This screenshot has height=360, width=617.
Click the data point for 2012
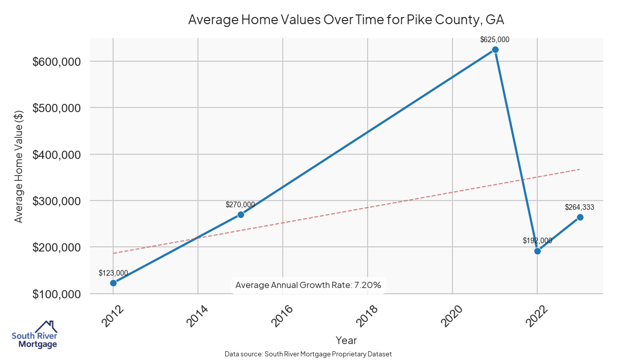coord(113,283)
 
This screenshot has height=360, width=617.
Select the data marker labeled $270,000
coord(241,214)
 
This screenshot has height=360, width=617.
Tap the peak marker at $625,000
coord(495,49)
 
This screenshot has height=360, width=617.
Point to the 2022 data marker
coord(537,251)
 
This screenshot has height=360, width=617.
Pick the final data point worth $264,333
coord(580,217)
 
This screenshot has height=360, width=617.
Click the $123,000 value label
coord(113,273)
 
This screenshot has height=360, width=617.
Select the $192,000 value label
coord(537,240)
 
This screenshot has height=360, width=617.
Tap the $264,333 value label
coord(579,207)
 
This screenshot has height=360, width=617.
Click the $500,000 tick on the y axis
coord(57,108)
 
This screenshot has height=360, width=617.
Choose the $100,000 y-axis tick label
coord(57,294)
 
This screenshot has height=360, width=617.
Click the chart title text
coord(346,20)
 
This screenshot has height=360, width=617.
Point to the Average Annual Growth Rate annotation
coord(308,285)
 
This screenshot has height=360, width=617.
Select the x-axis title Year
coord(346,340)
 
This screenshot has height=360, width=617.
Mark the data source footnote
coord(308,354)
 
